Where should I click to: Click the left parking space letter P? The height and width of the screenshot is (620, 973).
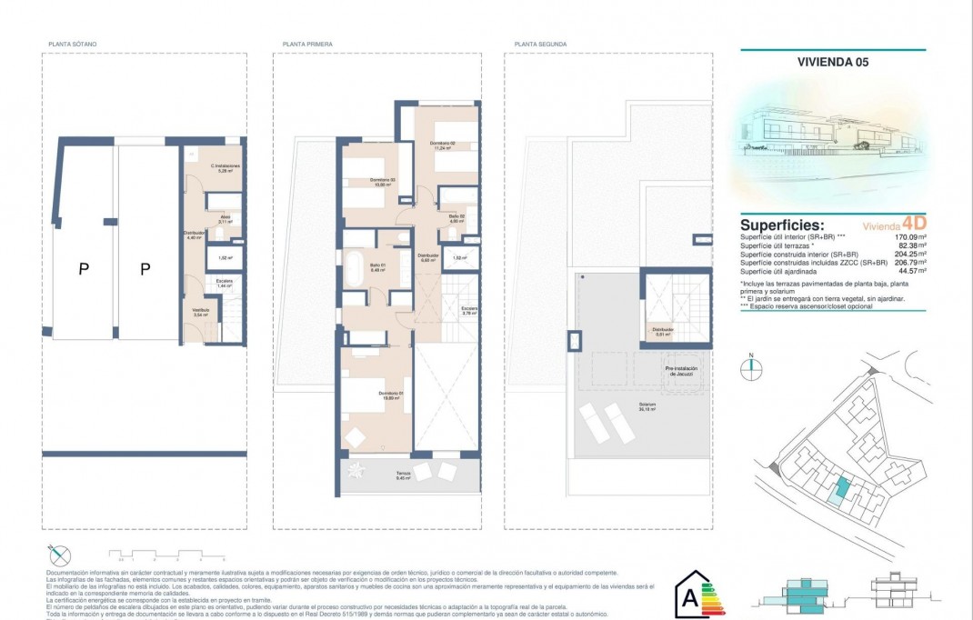pos(83,268)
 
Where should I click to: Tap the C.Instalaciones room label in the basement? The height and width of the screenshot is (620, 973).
pos(225,167)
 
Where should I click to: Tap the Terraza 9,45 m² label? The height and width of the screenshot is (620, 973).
pos(404,475)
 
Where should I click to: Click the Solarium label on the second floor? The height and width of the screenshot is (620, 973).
pos(647,405)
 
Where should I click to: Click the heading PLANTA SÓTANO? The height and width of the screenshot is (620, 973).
pos(73,44)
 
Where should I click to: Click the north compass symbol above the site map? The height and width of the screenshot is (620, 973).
pos(751,368)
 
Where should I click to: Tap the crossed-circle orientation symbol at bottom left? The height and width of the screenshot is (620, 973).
pos(59,554)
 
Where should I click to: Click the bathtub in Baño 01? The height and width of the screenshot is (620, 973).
pos(353,270)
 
